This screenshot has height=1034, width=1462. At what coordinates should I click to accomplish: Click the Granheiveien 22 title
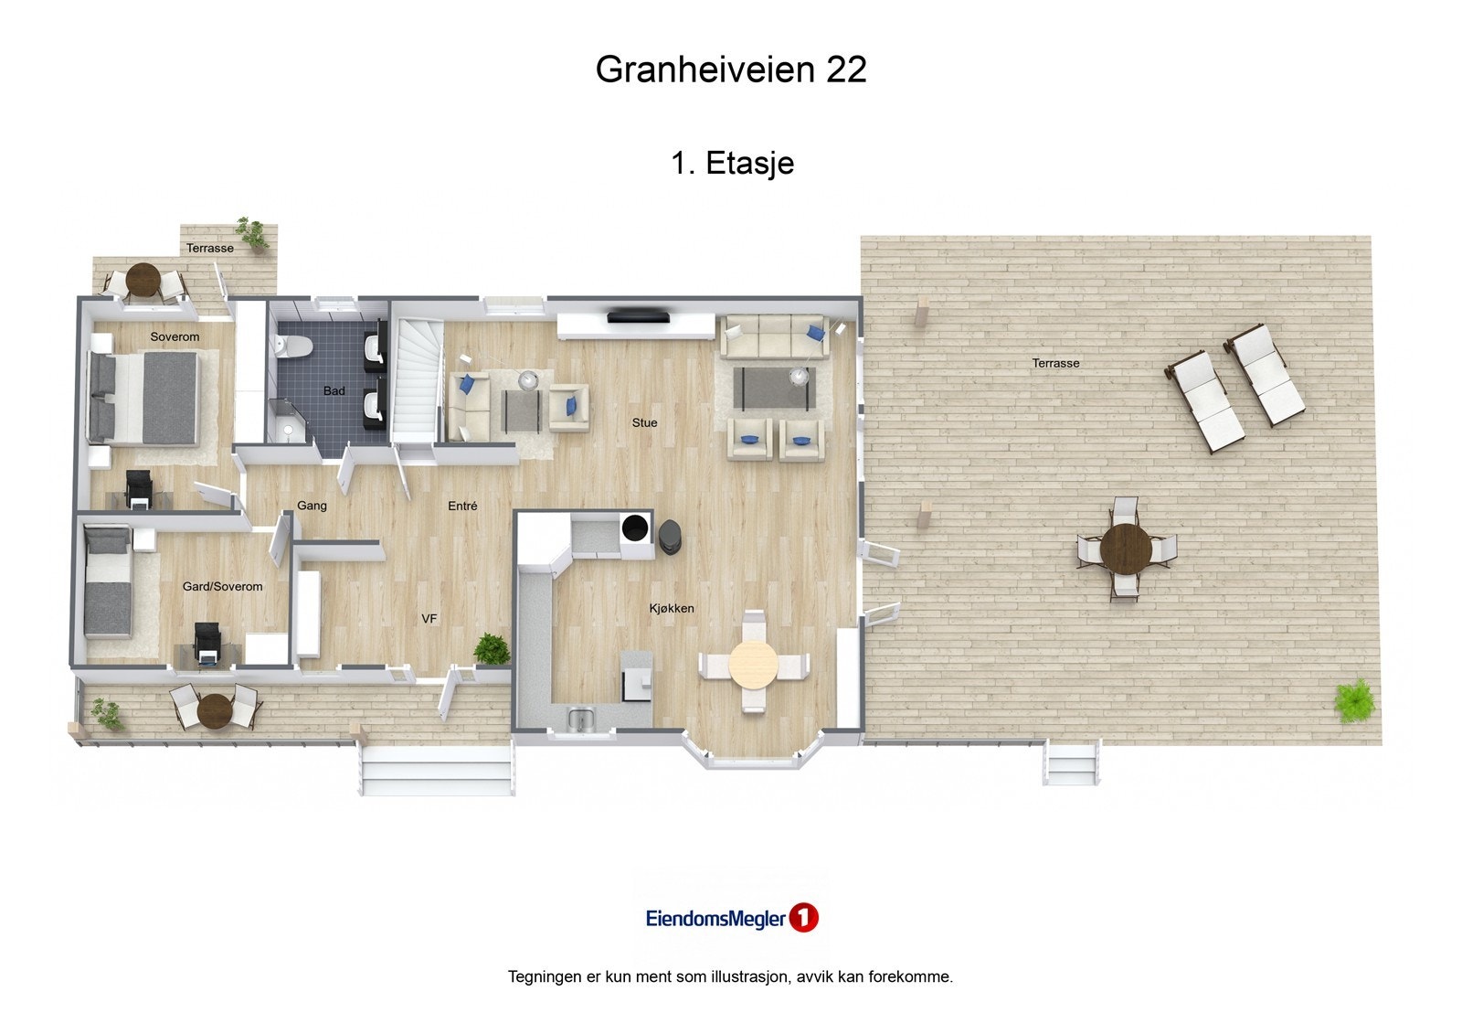point(731,69)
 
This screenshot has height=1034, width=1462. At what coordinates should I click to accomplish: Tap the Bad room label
point(334,391)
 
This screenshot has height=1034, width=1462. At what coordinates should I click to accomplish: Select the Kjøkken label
point(672,608)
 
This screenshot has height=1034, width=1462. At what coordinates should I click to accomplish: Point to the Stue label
point(644,422)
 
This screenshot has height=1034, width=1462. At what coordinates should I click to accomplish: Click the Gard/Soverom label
point(222,586)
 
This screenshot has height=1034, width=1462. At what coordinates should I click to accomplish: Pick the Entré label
point(462,506)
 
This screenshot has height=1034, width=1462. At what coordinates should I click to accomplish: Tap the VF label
point(429,619)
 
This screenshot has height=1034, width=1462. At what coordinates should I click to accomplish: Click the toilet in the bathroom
point(294,346)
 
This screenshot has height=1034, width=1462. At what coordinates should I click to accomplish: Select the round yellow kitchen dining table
point(752,664)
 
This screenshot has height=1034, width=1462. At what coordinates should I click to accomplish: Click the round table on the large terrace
point(1126,548)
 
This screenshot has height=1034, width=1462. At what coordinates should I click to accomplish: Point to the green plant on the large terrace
point(1354,700)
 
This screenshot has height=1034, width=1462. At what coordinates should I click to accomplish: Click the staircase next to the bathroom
point(417,379)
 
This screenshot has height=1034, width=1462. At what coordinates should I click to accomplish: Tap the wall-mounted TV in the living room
point(641,317)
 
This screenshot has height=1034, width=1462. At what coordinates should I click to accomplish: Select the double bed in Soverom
point(144,399)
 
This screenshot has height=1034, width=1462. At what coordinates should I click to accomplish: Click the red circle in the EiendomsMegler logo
point(804,918)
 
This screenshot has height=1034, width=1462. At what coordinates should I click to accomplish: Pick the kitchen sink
point(581,719)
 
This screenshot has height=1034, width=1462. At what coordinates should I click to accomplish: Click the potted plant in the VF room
point(492,648)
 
